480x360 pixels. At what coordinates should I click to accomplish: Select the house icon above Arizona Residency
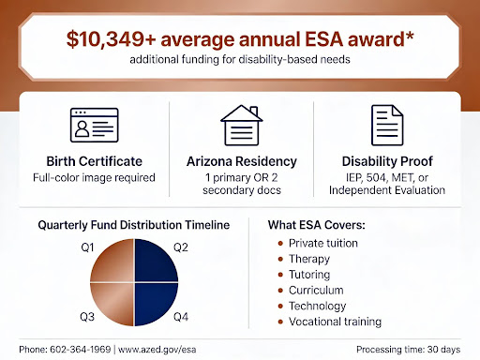pos(239,123)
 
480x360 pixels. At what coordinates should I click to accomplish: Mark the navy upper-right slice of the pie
pos(155,259)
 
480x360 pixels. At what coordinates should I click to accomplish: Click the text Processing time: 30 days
pos(410,349)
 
